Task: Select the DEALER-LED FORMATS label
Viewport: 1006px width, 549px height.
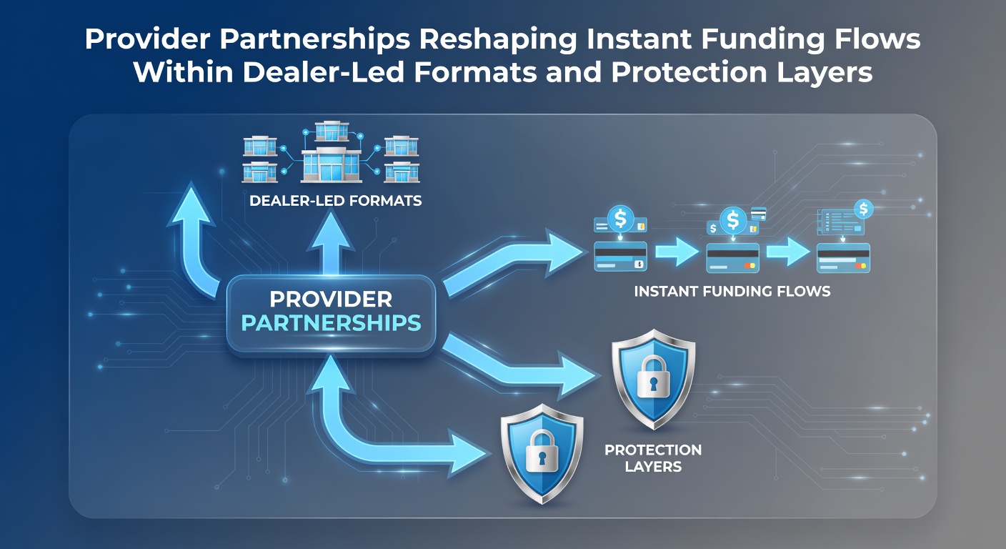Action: pyautogui.click(x=336, y=200)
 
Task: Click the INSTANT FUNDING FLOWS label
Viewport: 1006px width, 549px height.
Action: pyautogui.click(x=732, y=291)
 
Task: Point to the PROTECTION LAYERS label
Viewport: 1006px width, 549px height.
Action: pyautogui.click(x=653, y=457)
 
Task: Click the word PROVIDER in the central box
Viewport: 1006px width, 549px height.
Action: pyautogui.click(x=331, y=300)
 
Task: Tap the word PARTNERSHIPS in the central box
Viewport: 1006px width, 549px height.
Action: pyautogui.click(x=331, y=323)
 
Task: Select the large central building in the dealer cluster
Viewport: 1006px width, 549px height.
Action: pyautogui.click(x=332, y=165)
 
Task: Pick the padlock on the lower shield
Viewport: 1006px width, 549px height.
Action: pyautogui.click(x=542, y=450)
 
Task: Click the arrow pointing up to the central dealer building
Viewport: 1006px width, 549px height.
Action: pyautogui.click(x=332, y=243)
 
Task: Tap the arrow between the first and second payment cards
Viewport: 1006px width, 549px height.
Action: pyautogui.click(x=677, y=252)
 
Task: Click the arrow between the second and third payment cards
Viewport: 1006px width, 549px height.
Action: pyautogui.click(x=788, y=252)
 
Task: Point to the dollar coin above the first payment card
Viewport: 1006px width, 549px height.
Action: pyautogui.click(x=620, y=218)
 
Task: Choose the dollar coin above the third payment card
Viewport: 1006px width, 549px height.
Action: pyautogui.click(x=863, y=209)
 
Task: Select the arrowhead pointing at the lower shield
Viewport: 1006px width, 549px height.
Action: pyautogui.click(x=469, y=453)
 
